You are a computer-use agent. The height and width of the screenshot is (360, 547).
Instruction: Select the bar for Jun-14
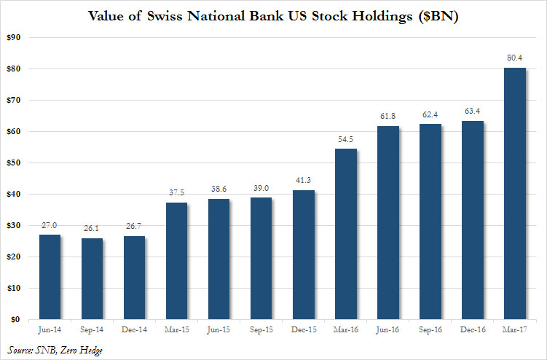pyautogui.click(x=50, y=277)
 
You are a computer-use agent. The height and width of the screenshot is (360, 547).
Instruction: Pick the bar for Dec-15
pyautogui.click(x=304, y=254)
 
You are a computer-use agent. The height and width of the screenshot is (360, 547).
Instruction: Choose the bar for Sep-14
pyautogui.click(x=93, y=278)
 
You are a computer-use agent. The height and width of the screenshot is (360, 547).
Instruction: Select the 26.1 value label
pyautogui.click(x=93, y=228)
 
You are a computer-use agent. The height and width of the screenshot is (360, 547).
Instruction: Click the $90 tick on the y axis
pyautogui.click(x=13, y=37)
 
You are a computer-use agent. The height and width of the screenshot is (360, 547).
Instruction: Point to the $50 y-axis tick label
pyautogui.click(x=13, y=163)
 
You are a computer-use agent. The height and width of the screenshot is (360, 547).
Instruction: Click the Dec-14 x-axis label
pyautogui.click(x=135, y=330)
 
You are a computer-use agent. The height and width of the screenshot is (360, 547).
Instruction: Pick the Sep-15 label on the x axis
pyautogui.click(x=262, y=330)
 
